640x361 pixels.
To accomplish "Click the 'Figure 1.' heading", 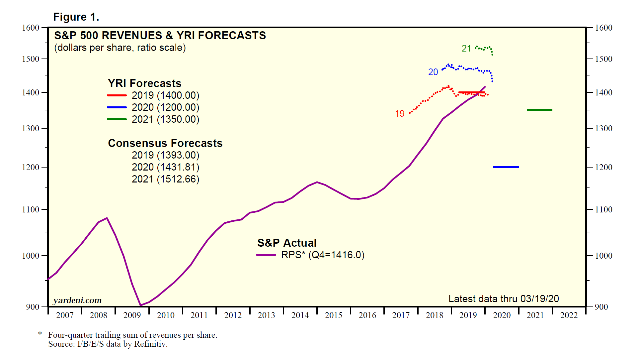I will [x=76, y=17].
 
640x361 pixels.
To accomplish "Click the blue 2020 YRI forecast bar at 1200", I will [x=506, y=167].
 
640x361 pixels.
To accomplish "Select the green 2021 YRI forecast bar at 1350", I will [x=539, y=110].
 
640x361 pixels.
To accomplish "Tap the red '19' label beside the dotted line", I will [x=400, y=114].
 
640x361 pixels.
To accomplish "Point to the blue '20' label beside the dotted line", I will [x=433, y=72].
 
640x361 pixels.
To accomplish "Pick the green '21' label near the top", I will [x=466, y=49].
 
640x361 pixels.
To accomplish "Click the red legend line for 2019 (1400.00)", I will [x=117, y=95].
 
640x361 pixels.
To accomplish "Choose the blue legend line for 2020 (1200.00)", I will [x=117, y=107].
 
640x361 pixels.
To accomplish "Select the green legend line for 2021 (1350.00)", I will [x=117, y=119].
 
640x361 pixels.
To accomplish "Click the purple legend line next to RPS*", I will [x=266, y=255].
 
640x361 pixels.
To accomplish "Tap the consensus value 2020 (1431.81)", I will [x=165, y=167].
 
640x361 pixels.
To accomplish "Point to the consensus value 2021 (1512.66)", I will [x=165, y=179].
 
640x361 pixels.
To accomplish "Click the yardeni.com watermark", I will [x=77, y=300].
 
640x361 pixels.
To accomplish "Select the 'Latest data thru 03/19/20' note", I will [x=504, y=299].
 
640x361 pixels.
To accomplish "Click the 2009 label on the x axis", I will [x=132, y=315].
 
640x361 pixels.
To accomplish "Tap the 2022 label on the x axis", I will [x=569, y=315].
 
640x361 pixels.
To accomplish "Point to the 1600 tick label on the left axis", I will [x=31, y=28].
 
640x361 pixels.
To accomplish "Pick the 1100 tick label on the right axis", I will [x=603, y=209].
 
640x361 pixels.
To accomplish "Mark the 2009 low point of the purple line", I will [x=141, y=305].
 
